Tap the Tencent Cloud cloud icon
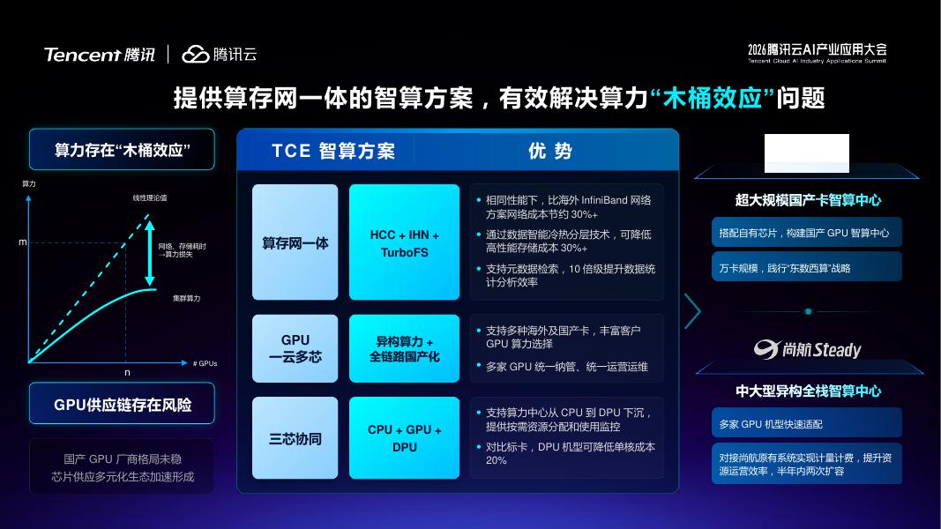click(x=195, y=54)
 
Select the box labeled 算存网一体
click(x=295, y=242)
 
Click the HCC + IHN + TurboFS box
click(x=405, y=242)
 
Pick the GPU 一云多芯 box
click(x=295, y=348)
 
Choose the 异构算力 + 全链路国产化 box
click(x=405, y=348)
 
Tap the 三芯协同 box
click(x=295, y=438)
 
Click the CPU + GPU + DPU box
click(x=405, y=438)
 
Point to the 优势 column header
click(x=549, y=151)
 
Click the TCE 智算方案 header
click(x=333, y=151)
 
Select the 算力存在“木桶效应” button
click(x=122, y=149)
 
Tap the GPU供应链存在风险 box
click(x=122, y=404)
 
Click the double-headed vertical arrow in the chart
click(x=150, y=253)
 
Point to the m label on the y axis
click(x=23, y=242)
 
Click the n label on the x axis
click(x=127, y=372)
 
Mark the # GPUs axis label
click(x=205, y=363)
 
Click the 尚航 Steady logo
click(x=807, y=349)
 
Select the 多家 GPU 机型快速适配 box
click(x=807, y=423)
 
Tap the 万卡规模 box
click(x=807, y=267)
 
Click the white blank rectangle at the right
click(x=807, y=153)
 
